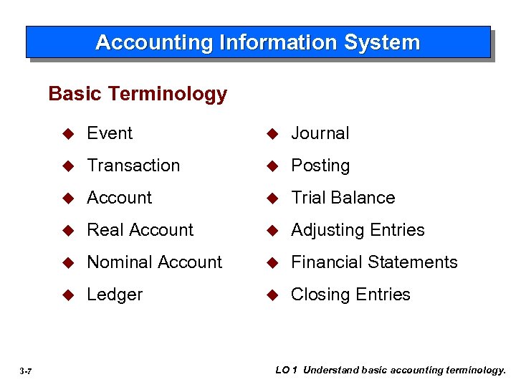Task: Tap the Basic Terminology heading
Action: point(138,94)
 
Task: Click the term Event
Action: point(110,133)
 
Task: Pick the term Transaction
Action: point(133,166)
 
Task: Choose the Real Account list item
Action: point(140,230)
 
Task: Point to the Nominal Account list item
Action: point(154,262)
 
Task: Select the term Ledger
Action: point(115,295)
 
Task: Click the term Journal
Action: point(320,133)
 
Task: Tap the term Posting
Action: point(320,166)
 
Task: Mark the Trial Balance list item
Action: point(343,198)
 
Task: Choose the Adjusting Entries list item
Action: point(358,230)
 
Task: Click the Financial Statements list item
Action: point(373,262)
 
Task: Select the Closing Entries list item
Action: point(350,295)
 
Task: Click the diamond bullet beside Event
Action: point(69,134)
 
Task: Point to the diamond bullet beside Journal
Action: point(272,134)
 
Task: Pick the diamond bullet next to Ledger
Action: point(69,295)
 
